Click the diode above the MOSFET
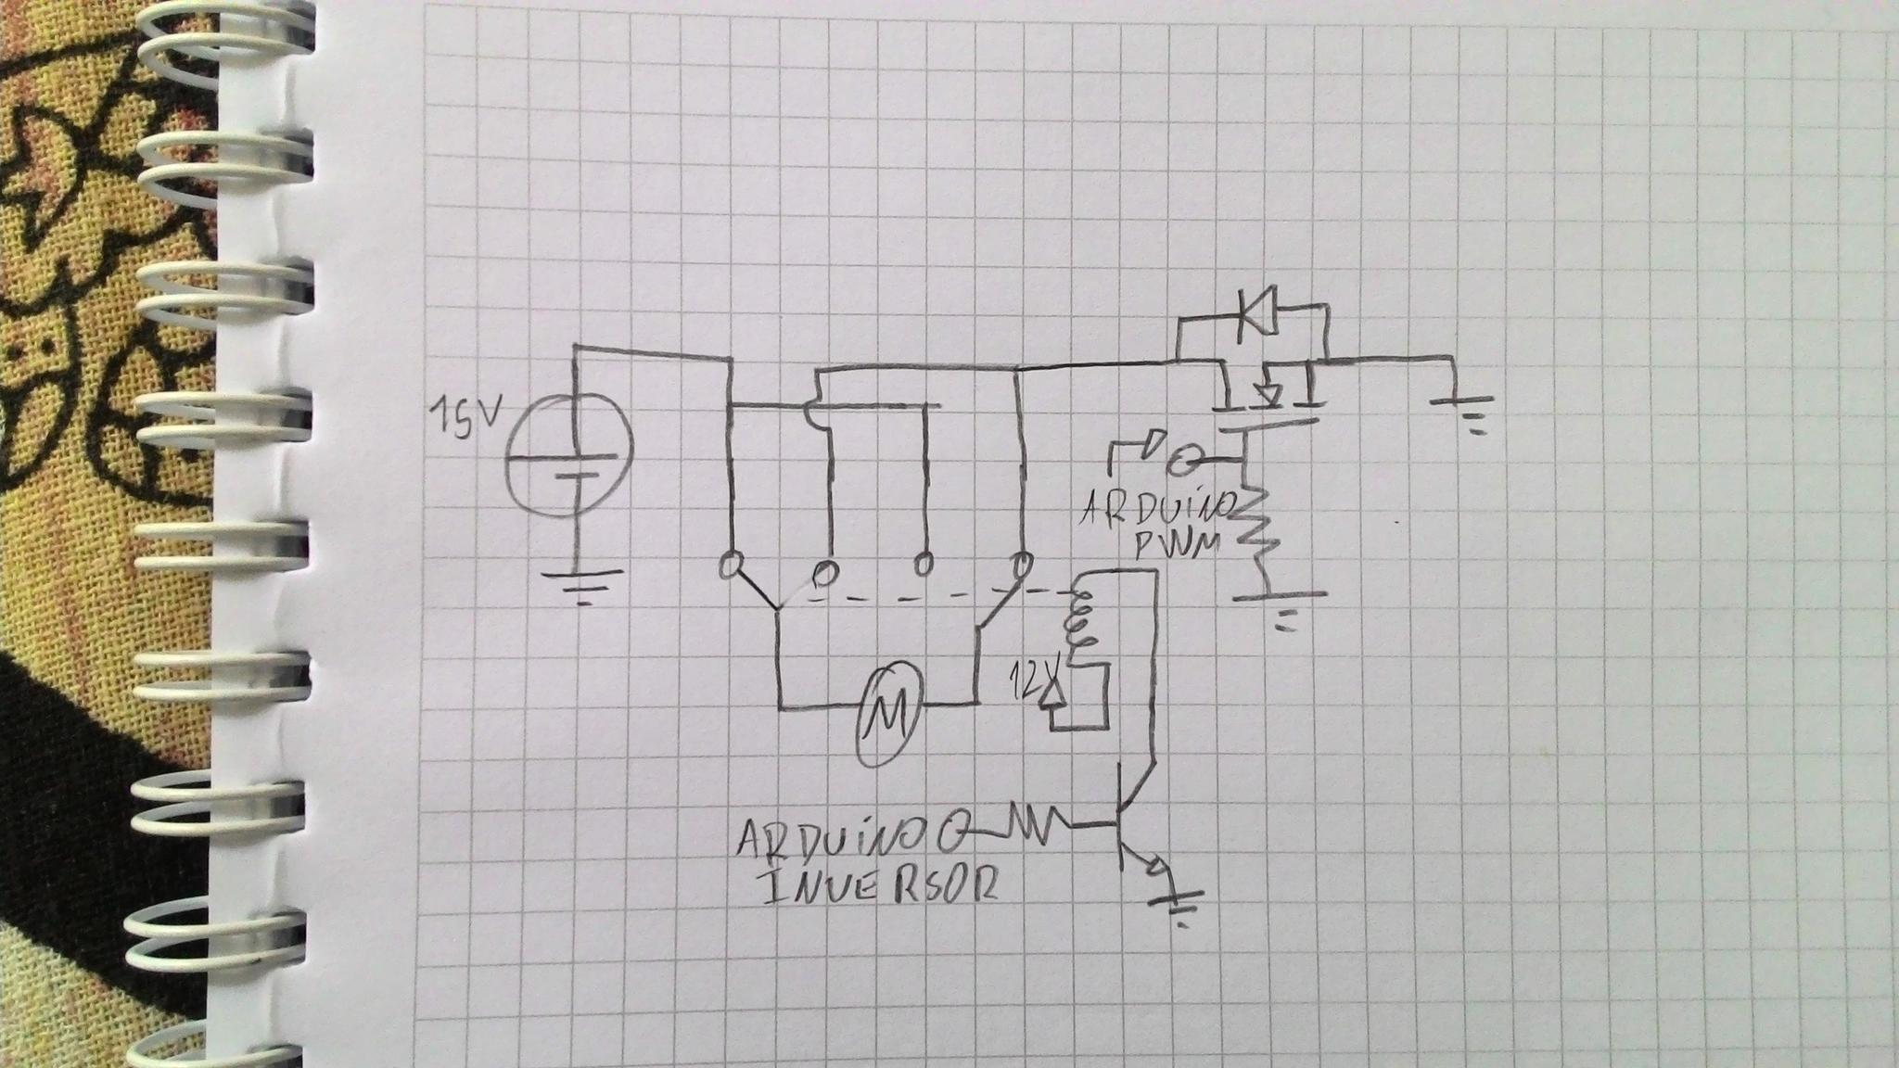coord(1257,322)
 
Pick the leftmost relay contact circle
coord(731,565)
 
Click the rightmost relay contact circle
coord(1022,563)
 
